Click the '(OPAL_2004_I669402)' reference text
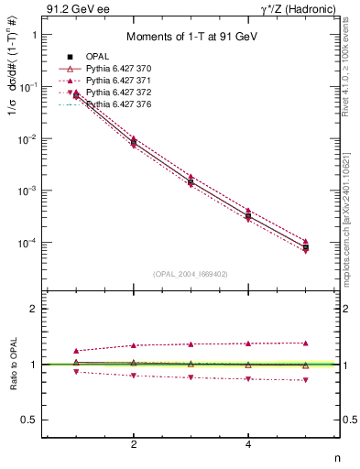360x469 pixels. click(191, 273)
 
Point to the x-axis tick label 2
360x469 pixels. click(134, 445)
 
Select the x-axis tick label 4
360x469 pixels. click(248, 445)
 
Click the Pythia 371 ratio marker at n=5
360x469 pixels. click(306, 343)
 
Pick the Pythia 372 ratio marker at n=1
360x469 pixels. click(76, 371)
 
